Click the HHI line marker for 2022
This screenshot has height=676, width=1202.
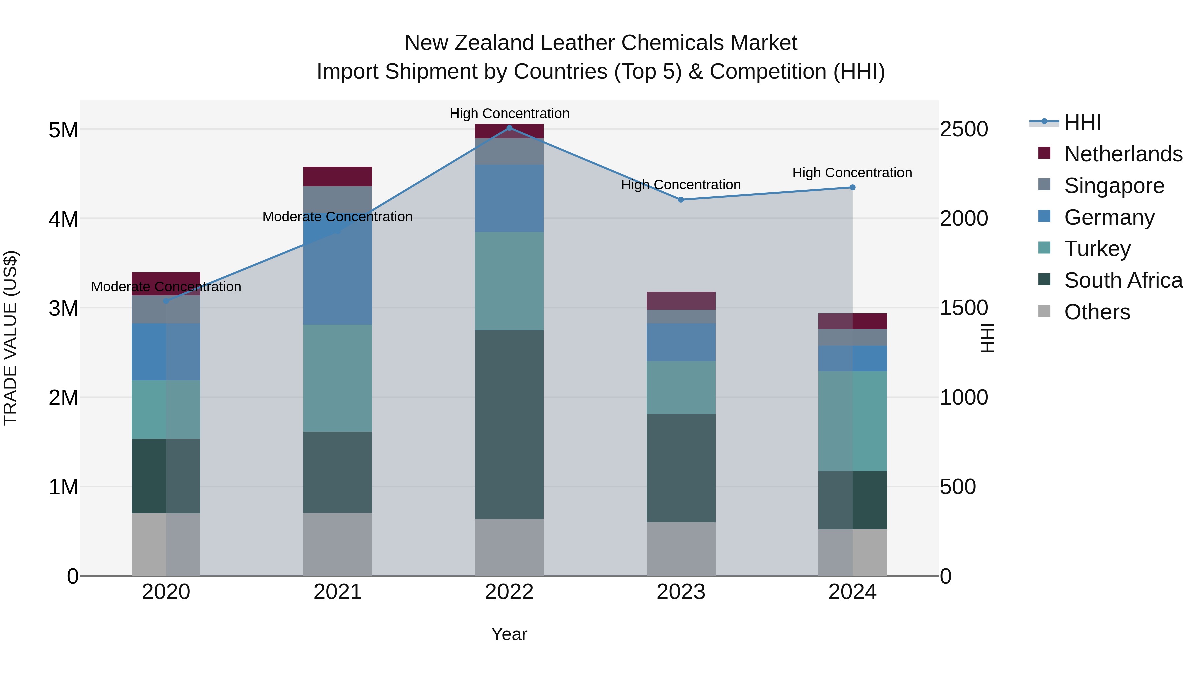pos(509,128)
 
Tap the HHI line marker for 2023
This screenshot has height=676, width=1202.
pos(681,200)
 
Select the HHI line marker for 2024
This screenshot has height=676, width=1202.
pos(852,188)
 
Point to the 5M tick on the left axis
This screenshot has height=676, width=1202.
pos(63,130)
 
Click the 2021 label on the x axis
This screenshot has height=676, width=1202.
pos(337,592)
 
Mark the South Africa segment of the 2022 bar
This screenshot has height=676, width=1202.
pos(509,425)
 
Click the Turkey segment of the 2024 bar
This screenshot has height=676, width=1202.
pos(852,421)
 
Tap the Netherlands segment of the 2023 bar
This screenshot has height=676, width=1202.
pos(681,301)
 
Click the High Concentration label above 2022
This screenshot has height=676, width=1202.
pos(509,114)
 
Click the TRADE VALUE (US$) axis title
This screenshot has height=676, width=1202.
pos(10,338)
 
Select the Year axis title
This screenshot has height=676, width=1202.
pos(509,634)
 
